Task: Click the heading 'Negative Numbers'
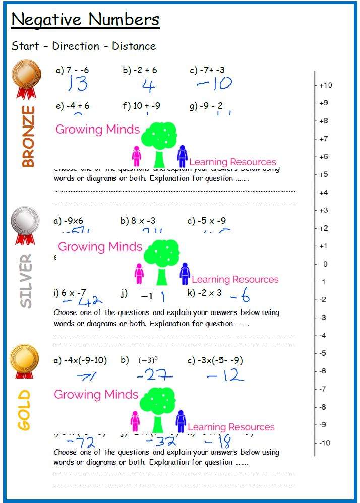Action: tap(85, 20)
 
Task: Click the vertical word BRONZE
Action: tap(28, 136)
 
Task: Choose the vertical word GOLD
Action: tap(24, 410)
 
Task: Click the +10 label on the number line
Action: tap(326, 85)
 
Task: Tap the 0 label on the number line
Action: tap(325, 264)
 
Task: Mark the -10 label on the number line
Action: tap(325, 443)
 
